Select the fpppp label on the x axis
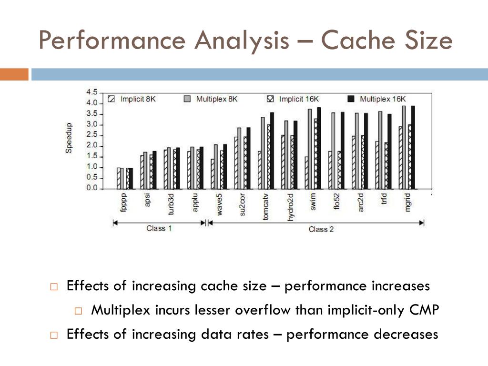[124, 198]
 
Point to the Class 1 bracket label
[159, 228]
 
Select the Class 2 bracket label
[321, 229]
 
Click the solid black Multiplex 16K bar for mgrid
[413, 147]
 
